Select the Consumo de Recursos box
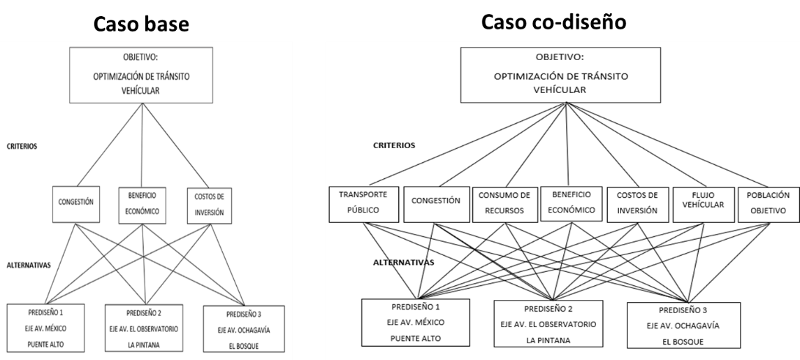point(504,202)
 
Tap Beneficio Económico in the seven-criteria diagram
point(570,202)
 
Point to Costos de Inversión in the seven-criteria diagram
point(639,202)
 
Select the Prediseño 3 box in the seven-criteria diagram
point(682,325)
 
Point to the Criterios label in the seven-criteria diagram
point(395,146)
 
